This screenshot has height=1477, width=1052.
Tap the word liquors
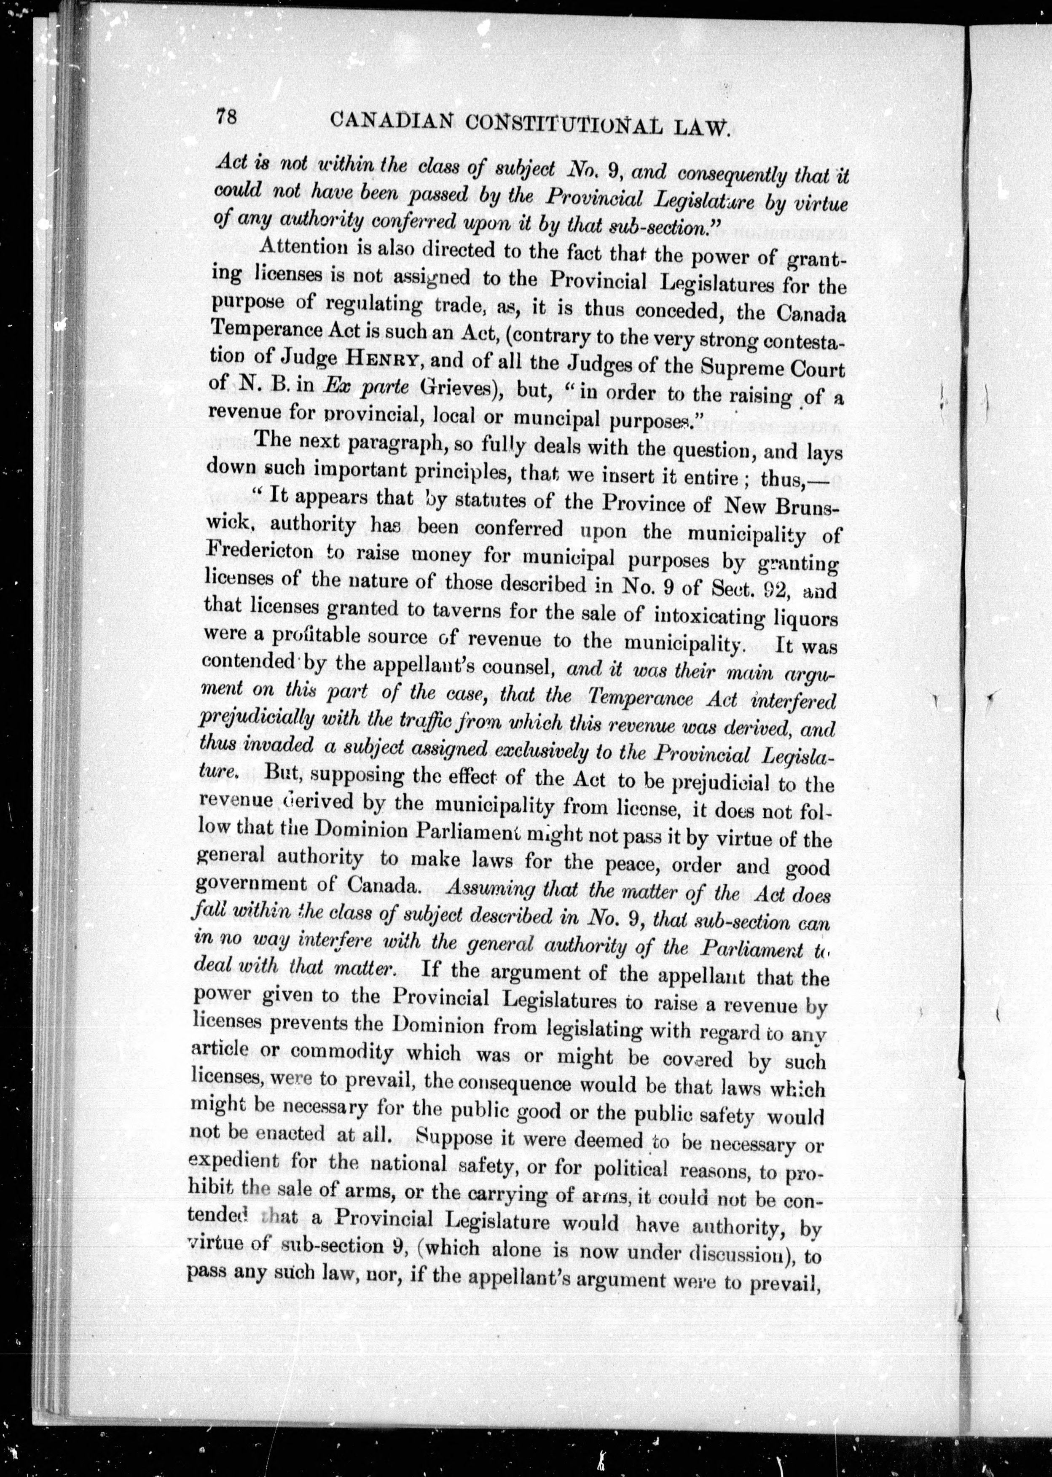pos(807,618)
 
